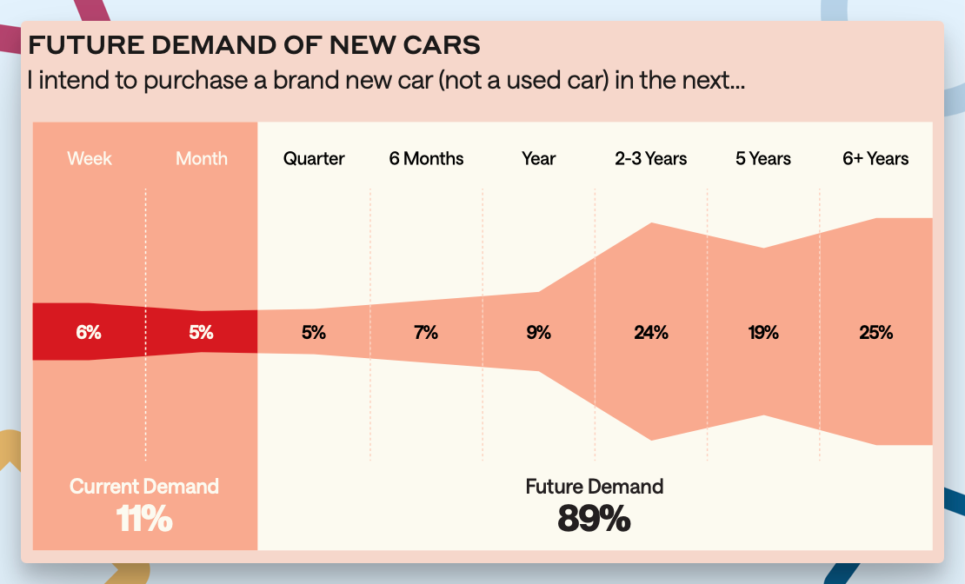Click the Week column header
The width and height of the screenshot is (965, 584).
[90, 158]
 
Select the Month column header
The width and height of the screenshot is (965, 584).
[202, 158]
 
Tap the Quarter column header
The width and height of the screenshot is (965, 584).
[314, 158]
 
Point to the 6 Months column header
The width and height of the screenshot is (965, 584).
[426, 158]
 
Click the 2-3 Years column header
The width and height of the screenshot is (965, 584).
[650, 158]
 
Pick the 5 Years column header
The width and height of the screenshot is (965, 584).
[763, 158]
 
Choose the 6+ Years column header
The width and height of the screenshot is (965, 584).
[875, 158]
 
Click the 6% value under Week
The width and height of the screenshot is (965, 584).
[89, 332]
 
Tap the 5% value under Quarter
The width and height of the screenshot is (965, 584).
[314, 332]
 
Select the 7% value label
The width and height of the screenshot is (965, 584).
[426, 332]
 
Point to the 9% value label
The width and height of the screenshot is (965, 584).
[538, 332]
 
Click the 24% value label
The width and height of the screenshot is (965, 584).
[650, 332]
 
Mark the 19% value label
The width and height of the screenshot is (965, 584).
[763, 332]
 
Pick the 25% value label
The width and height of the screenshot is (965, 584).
[875, 332]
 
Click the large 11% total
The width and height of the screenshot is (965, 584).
[144, 519]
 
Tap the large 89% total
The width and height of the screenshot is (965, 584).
[594, 519]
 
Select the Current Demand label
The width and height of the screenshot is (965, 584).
[144, 486]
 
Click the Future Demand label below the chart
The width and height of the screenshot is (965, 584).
[594, 486]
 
